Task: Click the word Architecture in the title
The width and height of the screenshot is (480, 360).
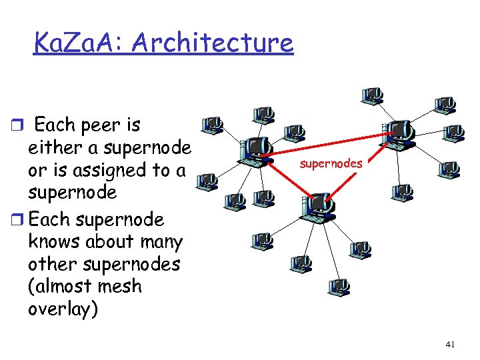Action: (x=213, y=43)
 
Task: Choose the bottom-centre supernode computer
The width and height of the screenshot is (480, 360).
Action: (x=318, y=207)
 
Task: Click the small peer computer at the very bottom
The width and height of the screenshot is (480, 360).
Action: (x=338, y=287)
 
